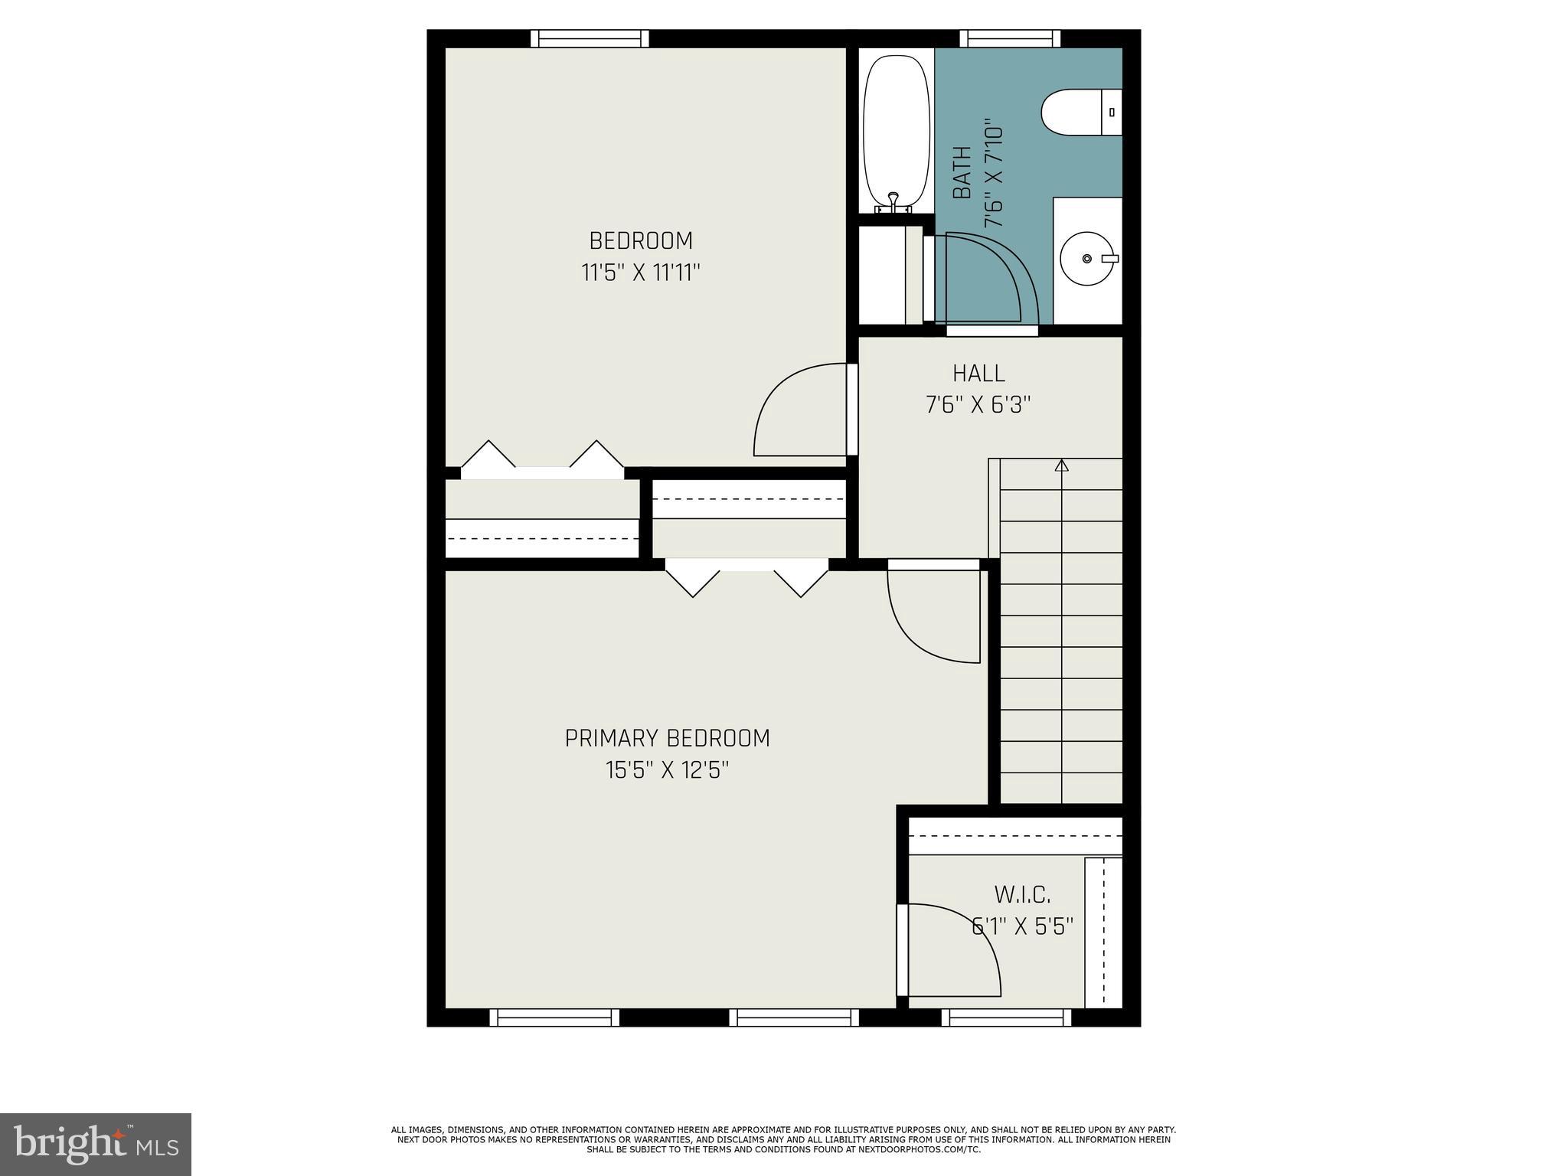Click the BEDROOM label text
click(x=641, y=240)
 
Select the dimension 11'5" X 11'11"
click(x=641, y=273)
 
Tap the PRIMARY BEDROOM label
click(x=667, y=738)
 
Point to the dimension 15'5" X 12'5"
click(x=667, y=769)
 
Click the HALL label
click(x=978, y=374)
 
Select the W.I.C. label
click(x=1022, y=894)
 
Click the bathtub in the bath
click(x=896, y=130)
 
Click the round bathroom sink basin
click(x=1087, y=259)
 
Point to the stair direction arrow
click(x=1061, y=465)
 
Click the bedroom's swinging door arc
click(x=796, y=410)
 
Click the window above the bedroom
click(x=590, y=38)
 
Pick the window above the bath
click(x=1010, y=38)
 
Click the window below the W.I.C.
click(x=1006, y=1017)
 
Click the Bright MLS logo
click(x=96, y=1144)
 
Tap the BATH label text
click(x=962, y=173)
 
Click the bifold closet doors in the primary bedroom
click(x=746, y=578)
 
